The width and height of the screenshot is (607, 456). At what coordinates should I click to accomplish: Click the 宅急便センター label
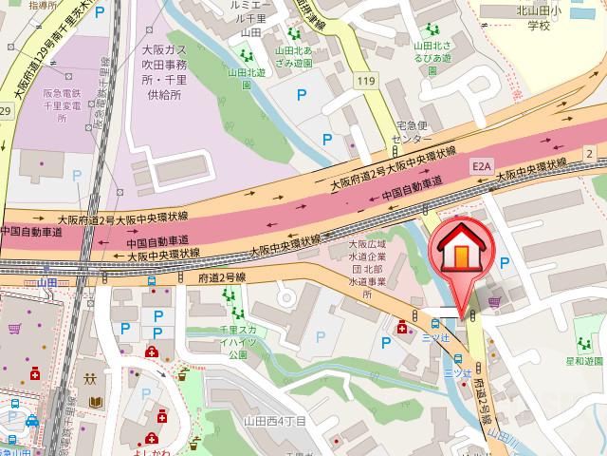(414, 130)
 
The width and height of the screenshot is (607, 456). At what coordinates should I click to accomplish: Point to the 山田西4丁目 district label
(275, 421)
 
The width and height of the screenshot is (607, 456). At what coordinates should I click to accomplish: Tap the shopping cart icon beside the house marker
(494, 302)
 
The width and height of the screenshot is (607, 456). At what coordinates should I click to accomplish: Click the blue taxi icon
(30, 420)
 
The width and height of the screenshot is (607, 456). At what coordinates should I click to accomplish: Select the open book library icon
(95, 403)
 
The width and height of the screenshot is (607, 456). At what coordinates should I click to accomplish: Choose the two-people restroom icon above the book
(92, 377)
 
